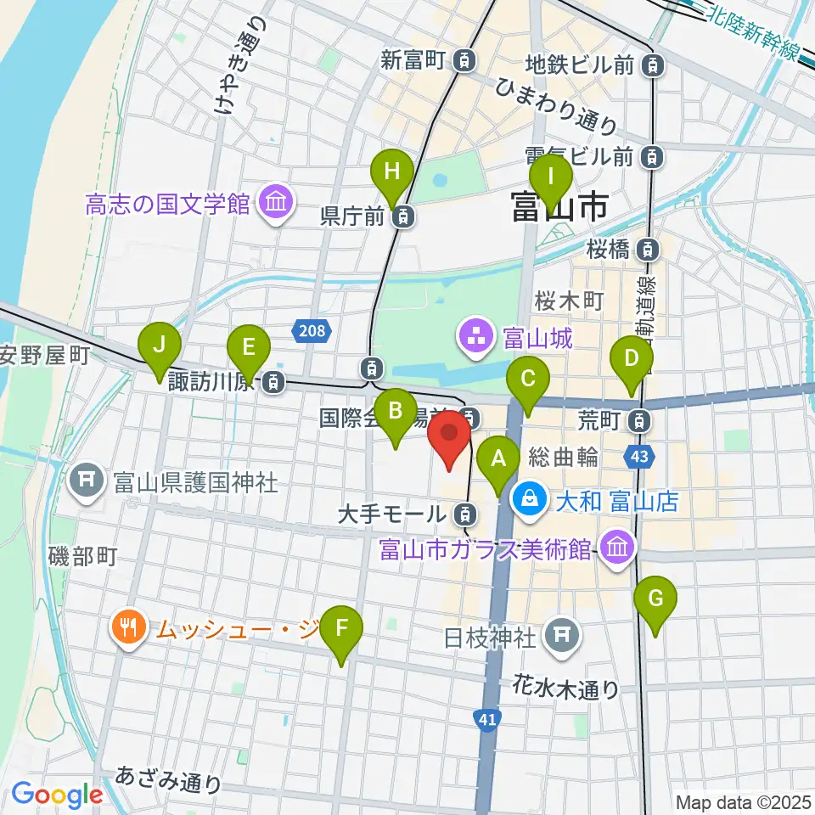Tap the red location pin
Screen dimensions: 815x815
click(449, 436)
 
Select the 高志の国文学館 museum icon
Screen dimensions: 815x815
click(275, 203)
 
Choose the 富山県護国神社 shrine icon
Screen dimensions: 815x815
click(87, 482)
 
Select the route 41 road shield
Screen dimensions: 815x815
click(486, 719)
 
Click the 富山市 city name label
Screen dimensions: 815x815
click(559, 206)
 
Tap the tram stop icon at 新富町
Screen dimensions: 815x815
click(464, 60)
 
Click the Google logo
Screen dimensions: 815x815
click(57, 795)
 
